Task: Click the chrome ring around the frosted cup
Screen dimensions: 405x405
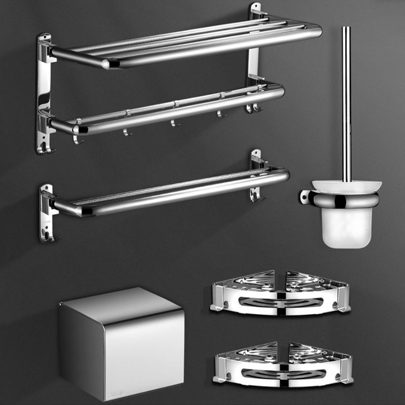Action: click(347, 200)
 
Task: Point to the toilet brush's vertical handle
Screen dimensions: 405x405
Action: click(346, 101)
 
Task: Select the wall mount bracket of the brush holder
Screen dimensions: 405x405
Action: click(305, 196)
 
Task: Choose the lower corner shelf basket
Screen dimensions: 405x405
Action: click(282, 364)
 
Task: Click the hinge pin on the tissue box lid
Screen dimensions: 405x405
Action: click(61, 304)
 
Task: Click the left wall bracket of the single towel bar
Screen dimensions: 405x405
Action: click(47, 213)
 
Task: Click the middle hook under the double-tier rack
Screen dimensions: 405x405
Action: click(174, 123)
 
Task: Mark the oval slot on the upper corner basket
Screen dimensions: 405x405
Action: click(280, 302)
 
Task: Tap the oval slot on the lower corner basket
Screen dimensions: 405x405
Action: click(282, 374)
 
